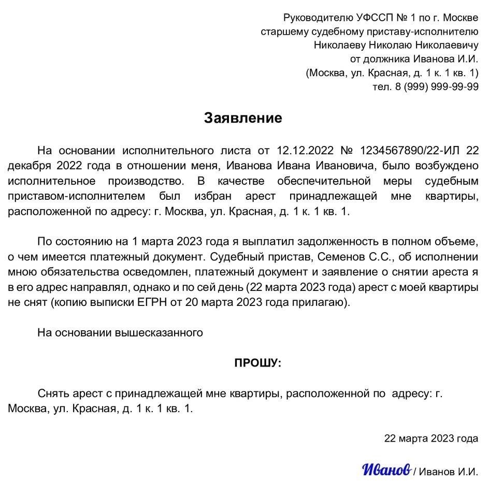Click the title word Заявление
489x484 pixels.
pyautogui.click(x=243, y=118)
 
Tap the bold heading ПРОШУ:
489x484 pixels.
pyautogui.click(x=257, y=363)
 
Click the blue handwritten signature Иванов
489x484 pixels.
pyautogui.click(x=386, y=469)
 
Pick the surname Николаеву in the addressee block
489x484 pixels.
pyautogui.click(x=339, y=45)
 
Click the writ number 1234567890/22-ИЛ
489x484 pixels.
pyautogui.click(x=406, y=151)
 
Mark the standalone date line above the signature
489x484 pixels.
pyautogui.click(x=431, y=438)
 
